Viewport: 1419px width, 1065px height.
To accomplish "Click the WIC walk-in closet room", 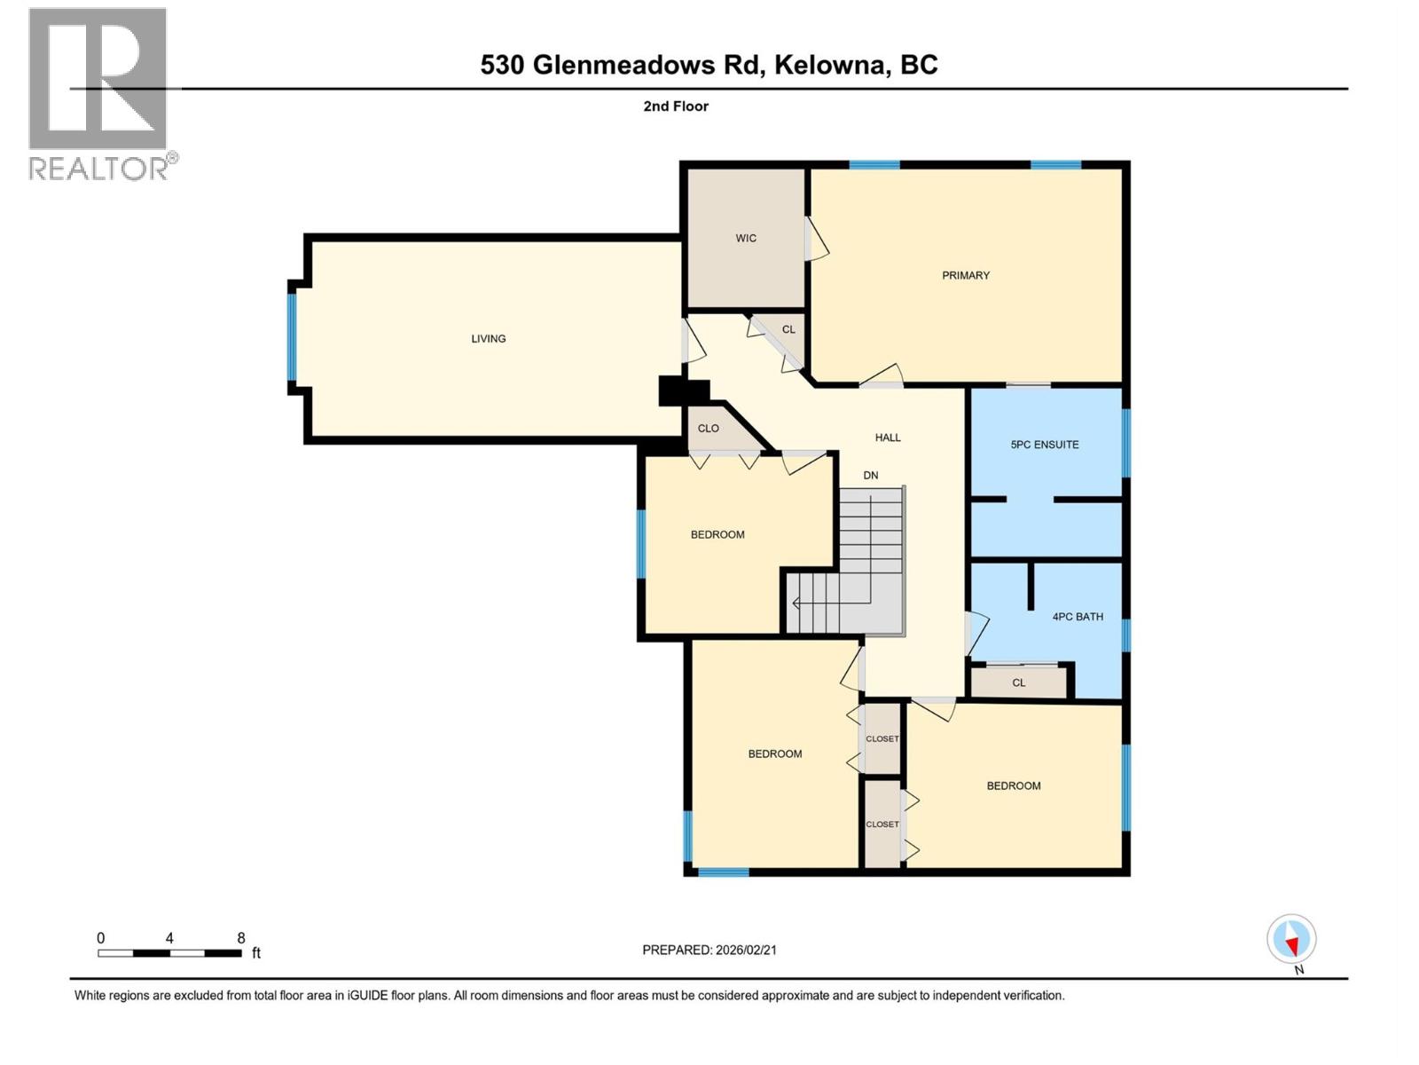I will click(x=746, y=238).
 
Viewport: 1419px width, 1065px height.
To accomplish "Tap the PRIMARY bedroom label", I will click(x=966, y=275).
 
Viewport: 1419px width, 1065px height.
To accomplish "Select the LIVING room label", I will click(x=488, y=338).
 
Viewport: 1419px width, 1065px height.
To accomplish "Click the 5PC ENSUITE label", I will click(x=1045, y=445).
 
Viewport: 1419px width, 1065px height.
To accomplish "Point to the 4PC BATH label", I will click(x=1078, y=616).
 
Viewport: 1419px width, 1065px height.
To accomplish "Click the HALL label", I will click(x=888, y=437).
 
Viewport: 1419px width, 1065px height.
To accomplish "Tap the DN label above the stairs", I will click(x=871, y=475).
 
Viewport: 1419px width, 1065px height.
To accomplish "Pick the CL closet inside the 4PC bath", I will click(x=1018, y=682).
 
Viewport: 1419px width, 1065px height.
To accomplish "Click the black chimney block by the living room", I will click(x=683, y=391).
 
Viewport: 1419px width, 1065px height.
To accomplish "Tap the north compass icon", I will click(x=1291, y=940).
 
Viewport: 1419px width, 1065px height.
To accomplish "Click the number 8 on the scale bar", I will click(x=241, y=938).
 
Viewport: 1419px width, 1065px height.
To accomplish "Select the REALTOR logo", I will click(x=99, y=93).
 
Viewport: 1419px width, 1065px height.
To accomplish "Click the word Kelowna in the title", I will click(x=833, y=65).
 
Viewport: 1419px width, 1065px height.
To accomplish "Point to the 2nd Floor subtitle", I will click(x=676, y=106).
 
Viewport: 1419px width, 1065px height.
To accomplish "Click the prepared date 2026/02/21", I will click(x=746, y=950).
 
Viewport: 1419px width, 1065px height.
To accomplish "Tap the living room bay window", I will click(x=292, y=337).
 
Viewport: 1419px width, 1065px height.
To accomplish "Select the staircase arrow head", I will click(x=796, y=603).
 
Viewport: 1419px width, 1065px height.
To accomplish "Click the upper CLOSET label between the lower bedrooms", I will click(x=882, y=738).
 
